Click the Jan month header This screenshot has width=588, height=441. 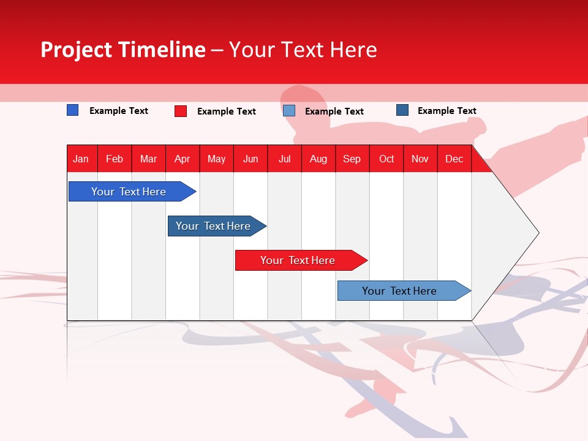click(x=81, y=159)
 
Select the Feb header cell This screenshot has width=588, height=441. click(x=115, y=159)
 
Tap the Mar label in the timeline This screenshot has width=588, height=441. click(x=148, y=159)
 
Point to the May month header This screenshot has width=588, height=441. click(x=216, y=159)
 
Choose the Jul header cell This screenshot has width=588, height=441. click(x=284, y=159)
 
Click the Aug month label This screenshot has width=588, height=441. click(x=318, y=159)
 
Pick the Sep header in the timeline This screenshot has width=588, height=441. click(x=352, y=159)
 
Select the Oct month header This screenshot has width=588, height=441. click(x=386, y=159)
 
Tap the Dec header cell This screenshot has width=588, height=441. click(x=454, y=159)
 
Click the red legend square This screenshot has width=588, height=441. click(x=181, y=111)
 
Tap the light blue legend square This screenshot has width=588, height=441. click(x=289, y=111)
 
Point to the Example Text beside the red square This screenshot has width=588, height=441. click(x=226, y=111)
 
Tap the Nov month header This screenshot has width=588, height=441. click(x=420, y=159)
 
